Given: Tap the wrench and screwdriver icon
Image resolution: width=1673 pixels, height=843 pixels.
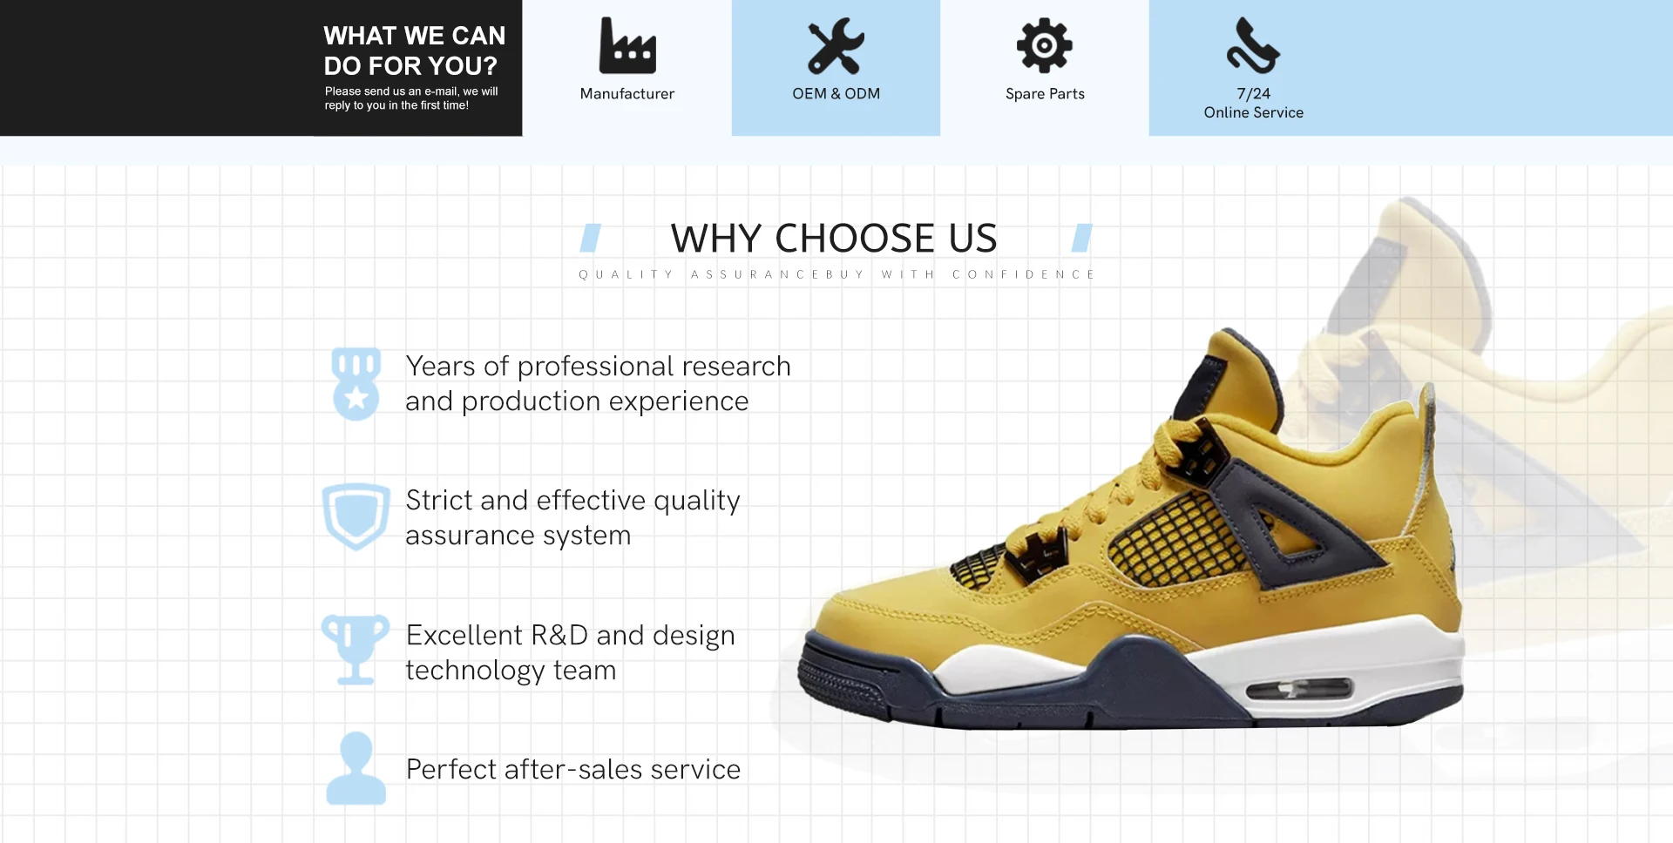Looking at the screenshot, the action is pos(836,45).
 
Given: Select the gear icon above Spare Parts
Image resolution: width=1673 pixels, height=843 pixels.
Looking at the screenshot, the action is pos(1045,45).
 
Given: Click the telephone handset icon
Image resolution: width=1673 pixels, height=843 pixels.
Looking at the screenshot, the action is pos(1253,45).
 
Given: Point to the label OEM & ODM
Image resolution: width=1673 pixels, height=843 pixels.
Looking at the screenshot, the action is pos(836,93).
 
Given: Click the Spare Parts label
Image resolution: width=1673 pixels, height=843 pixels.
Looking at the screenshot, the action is pos(1045,94).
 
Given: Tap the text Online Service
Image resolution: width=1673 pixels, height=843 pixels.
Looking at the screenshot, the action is pos(1253,112).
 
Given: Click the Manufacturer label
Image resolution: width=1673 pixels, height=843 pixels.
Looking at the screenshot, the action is pos(627,93).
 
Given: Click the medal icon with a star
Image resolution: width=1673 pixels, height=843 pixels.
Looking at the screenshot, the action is pos(356,384).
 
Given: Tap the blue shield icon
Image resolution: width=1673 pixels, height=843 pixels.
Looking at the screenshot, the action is pos(356,516).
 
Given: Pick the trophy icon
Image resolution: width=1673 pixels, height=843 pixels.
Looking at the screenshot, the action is pos(356,650).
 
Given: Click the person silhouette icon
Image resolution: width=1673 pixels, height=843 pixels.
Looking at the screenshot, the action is pos(356,768).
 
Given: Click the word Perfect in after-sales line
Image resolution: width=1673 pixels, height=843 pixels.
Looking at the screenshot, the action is pos(451,769).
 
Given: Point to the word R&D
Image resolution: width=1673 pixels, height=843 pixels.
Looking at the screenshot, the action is pos(559,635).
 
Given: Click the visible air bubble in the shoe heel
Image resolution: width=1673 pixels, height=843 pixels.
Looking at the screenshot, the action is pos(1299,689).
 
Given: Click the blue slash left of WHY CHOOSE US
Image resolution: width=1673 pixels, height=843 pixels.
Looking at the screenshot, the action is pos(591,238).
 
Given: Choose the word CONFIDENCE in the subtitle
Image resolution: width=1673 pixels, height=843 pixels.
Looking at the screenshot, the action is pos(1023,274).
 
